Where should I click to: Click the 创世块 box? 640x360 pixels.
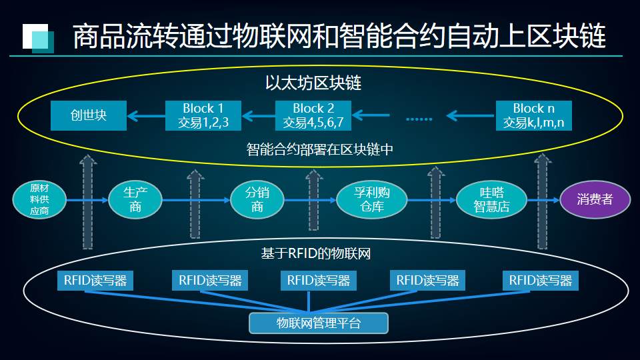pos(89,115)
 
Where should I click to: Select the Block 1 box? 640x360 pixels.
pos(203,115)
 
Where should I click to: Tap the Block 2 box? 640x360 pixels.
pos(313,115)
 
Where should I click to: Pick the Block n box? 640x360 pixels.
pos(534,115)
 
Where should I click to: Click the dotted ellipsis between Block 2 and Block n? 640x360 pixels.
pos(419,119)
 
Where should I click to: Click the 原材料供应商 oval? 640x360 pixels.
pos(39,199)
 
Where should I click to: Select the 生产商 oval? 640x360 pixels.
pos(135,199)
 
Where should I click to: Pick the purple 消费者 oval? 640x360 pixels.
pos(595,199)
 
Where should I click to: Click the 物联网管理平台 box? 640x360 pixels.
pos(319,323)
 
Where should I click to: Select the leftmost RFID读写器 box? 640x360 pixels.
pos(95,280)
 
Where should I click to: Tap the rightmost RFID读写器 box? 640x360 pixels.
pos(541,280)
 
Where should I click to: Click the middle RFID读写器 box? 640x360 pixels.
pos(319,280)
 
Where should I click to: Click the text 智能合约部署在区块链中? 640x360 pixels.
pos(319,149)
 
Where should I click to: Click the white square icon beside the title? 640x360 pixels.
pos(35,35)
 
